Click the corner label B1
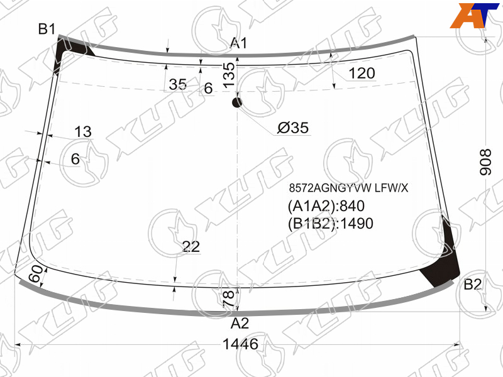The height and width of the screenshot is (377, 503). [47, 29]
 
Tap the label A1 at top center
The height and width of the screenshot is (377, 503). [239, 43]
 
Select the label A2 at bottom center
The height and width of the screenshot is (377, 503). [240, 324]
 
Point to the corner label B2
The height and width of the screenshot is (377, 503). [473, 285]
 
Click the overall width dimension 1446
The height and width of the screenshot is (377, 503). [240, 344]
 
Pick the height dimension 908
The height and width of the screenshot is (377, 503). [485, 162]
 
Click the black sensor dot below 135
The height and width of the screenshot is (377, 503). [237, 102]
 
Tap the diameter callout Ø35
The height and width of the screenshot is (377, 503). [293, 128]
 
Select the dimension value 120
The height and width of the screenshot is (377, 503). [362, 74]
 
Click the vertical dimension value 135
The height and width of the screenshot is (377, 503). [229, 75]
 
